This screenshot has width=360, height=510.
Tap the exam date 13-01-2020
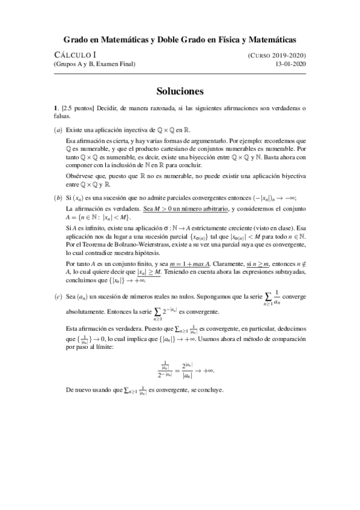[x=290, y=64]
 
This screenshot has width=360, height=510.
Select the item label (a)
[x=58, y=130]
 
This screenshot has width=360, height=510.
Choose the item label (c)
[x=58, y=297]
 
